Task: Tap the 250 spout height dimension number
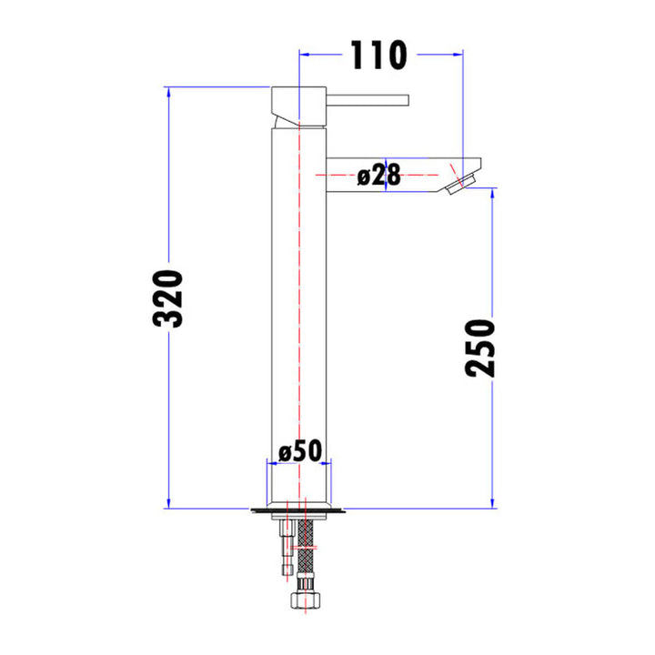tap(479, 348)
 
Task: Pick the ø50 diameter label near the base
tap(302, 450)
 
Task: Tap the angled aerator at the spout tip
tap(467, 178)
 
